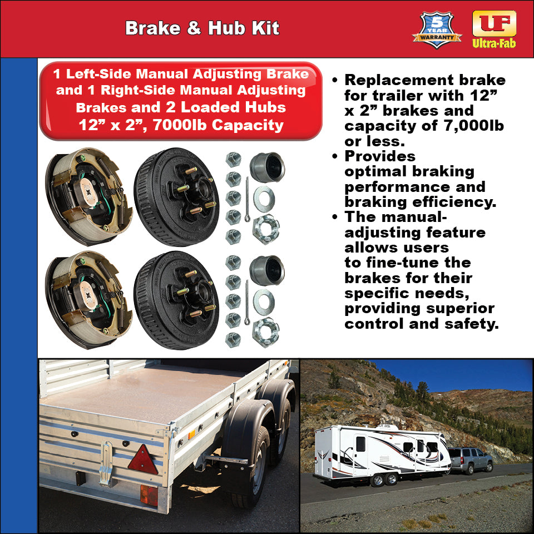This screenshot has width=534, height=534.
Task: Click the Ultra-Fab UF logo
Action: click(494, 28)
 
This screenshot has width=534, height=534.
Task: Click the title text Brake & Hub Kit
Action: click(202, 28)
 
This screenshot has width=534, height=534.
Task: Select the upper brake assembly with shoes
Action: click(89, 196)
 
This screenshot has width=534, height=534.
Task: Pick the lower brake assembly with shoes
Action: click(89, 299)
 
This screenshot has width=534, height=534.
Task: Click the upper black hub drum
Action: click(176, 196)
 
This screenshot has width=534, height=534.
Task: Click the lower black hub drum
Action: click(176, 299)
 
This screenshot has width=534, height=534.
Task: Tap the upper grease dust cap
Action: click(267, 167)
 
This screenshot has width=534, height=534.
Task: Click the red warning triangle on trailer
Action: click(143, 460)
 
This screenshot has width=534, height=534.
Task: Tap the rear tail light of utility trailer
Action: click(149, 495)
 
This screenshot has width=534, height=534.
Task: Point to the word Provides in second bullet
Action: click(380, 156)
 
